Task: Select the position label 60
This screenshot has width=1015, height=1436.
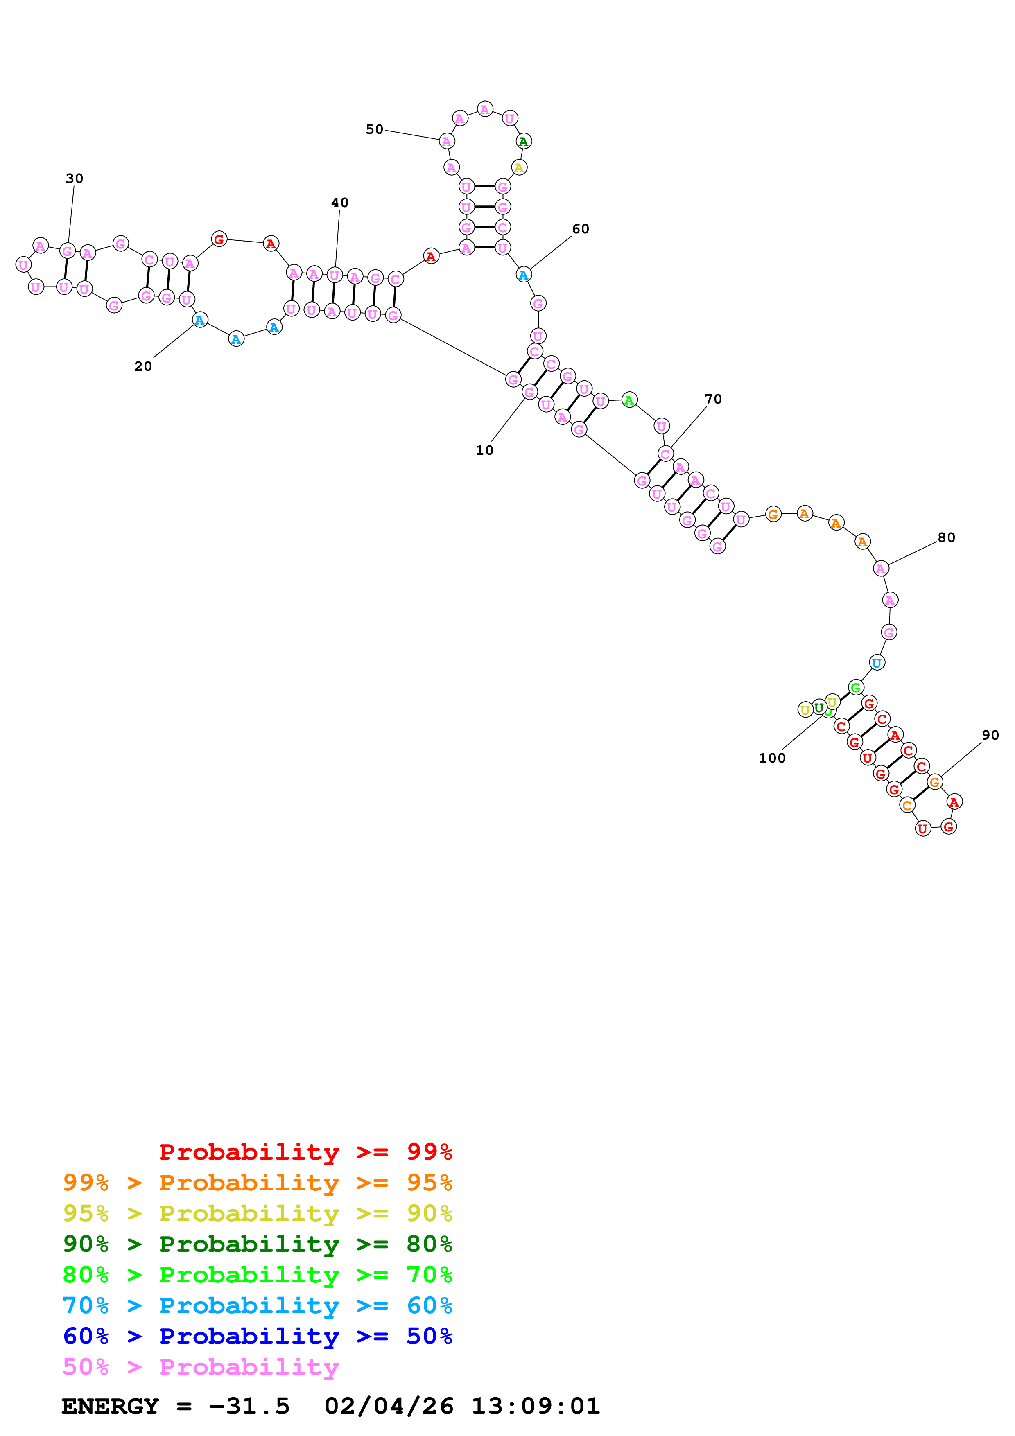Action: (580, 229)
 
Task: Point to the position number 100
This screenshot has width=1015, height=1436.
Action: (772, 758)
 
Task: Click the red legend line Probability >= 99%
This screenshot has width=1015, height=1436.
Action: (305, 1152)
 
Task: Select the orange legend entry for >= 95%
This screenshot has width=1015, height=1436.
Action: (257, 1183)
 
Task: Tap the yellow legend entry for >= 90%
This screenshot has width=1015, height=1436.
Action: (257, 1213)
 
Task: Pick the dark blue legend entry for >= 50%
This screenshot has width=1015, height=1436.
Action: (257, 1336)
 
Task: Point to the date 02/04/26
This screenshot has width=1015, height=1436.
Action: (389, 1406)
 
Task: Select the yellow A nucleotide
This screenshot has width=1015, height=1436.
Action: (518, 167)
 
